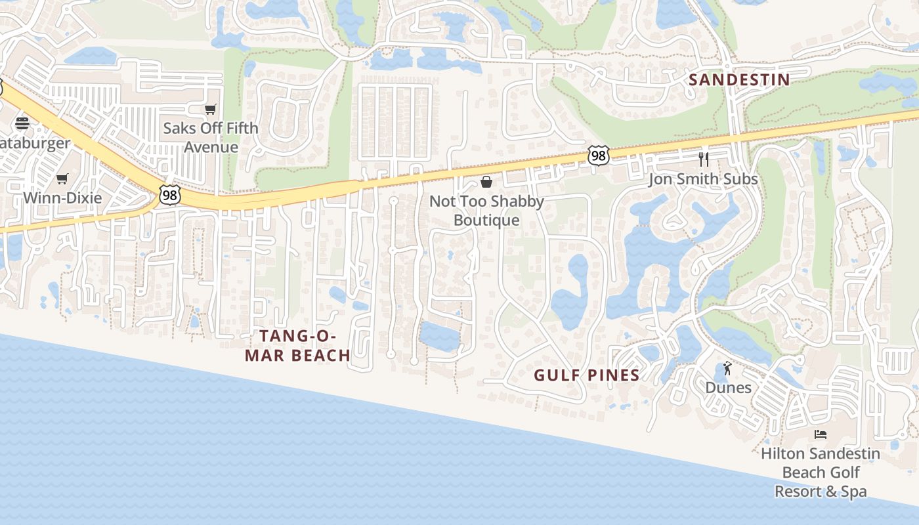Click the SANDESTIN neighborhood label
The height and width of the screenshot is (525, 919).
point(738,80)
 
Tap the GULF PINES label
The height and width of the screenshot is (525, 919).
point(586,375)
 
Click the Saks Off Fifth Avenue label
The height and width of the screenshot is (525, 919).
point(211,137)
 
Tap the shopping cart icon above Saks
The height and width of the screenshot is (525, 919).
point(210,110)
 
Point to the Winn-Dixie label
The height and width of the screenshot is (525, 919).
point(62,198)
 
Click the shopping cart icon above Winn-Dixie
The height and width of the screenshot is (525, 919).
point(62,178)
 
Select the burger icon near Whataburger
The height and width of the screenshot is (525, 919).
point(22,123)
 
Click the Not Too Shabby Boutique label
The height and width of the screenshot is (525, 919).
point(486,211)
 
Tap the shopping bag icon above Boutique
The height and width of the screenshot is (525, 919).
point(486,182)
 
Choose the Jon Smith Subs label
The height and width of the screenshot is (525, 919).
point(703,179)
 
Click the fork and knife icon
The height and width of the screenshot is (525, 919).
point(704,159)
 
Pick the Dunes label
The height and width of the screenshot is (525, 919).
point(728,387)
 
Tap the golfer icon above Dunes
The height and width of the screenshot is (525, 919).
point(727,369)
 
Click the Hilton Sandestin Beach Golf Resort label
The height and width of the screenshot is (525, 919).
point(821,472)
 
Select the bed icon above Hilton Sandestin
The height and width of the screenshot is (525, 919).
point(820,434)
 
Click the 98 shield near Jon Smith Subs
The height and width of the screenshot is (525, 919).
point(598,156)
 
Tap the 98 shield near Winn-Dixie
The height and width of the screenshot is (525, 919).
point(169,195)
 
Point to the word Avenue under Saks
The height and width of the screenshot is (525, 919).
point(211,146)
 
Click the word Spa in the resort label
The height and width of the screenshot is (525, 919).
point(853,492)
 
